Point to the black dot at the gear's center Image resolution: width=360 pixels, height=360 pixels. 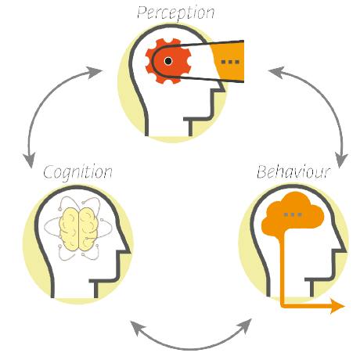[168, 60]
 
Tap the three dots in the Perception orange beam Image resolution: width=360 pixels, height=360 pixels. [230, 60]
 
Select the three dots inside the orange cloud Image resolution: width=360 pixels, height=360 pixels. [293, 213]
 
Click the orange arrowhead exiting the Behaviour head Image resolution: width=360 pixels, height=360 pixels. [337, 306]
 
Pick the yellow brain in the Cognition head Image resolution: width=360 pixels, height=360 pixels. [77, 232]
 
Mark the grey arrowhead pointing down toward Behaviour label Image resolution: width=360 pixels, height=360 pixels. [340, 153]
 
